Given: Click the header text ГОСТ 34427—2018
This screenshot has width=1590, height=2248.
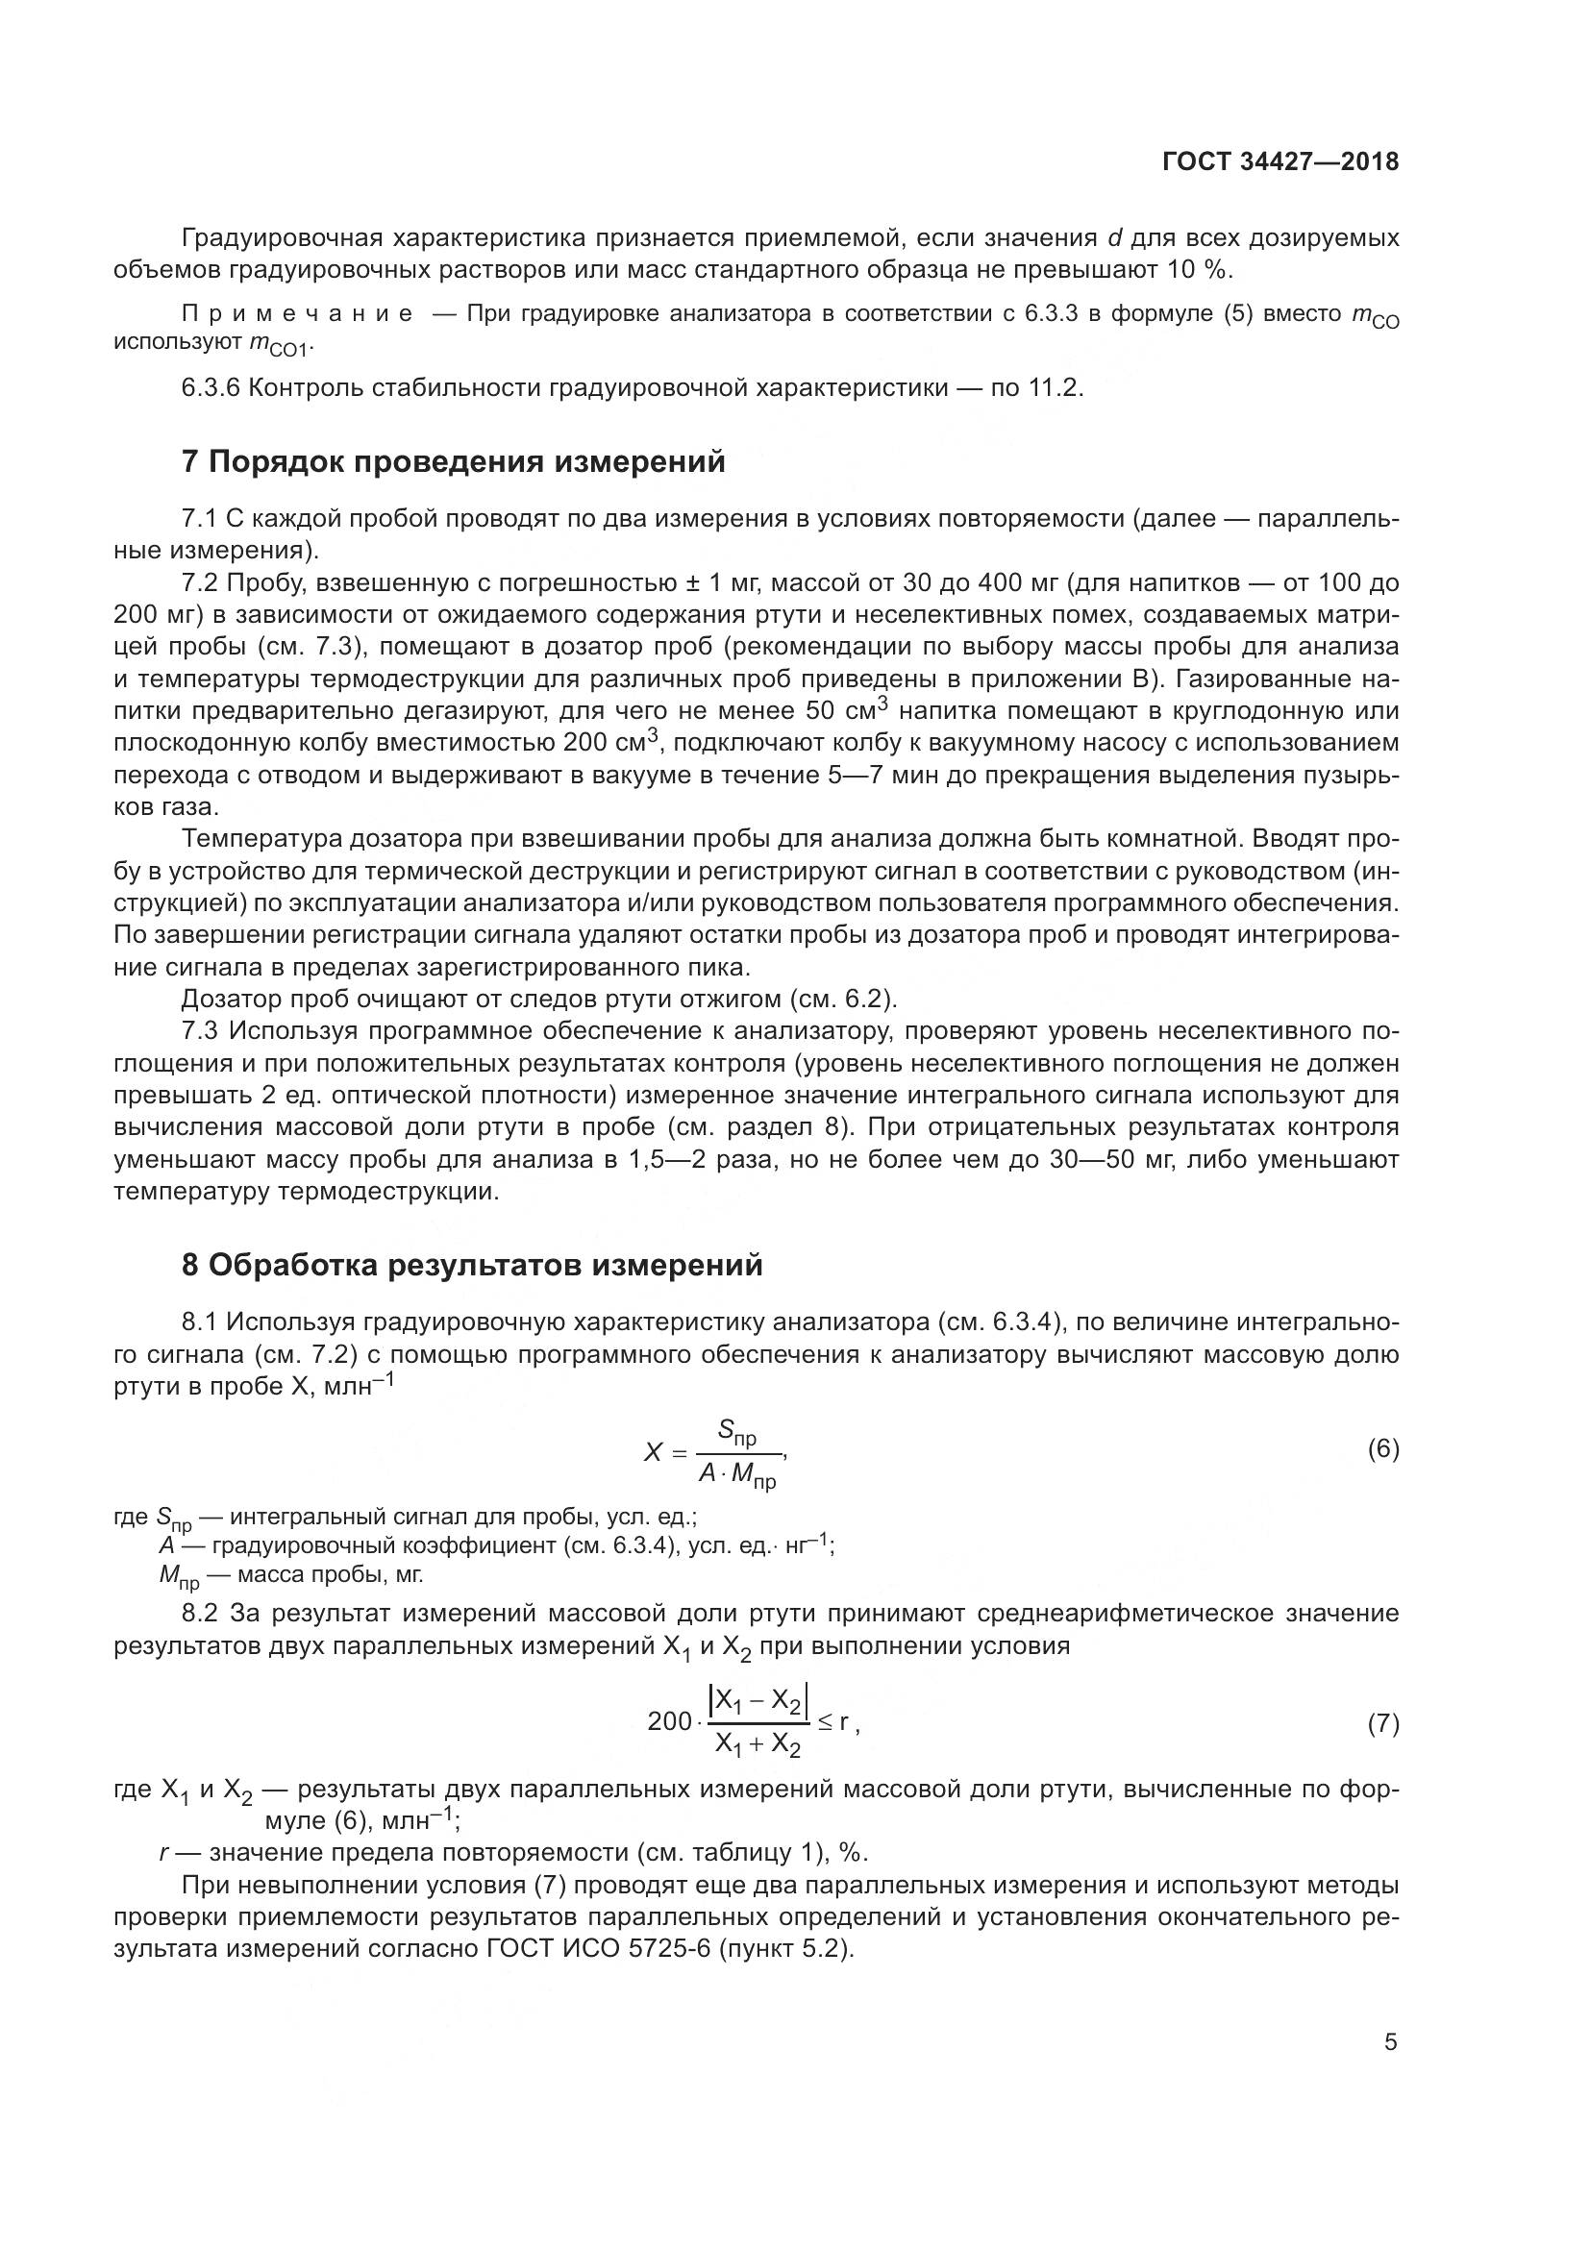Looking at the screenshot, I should pyautogui.click(x=1279, y=161).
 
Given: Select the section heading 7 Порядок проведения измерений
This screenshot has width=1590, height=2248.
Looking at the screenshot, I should pyautogui.click(x=454, y=461).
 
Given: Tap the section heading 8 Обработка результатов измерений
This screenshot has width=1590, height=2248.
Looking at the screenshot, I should pyautogui.click(x=472, y=1265).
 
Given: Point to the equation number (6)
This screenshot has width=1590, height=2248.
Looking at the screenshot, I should pyautogui.click(x=1382, y=1449).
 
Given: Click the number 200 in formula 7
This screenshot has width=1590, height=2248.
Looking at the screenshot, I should pyautogui.click(x=670, y=1721).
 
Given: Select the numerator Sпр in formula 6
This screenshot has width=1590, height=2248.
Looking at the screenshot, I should pyautogui.click(x=736, y=1432).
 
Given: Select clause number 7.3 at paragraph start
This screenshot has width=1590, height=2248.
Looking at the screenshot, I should pyautogui.click(x=202, y=1030).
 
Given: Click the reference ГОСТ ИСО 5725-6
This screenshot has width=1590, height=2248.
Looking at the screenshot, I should pyautogui.click(x=599, y=1948).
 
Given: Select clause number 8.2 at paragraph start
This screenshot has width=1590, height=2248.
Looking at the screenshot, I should pyautogui.click(x=202, y=1612).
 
